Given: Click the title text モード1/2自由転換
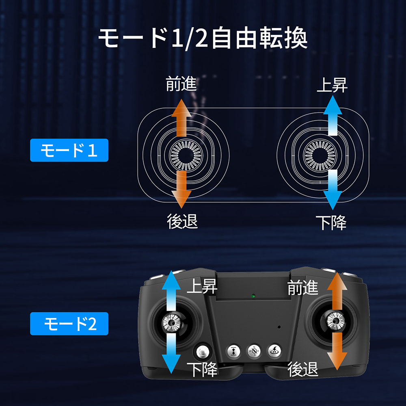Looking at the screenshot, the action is tap(203, 38).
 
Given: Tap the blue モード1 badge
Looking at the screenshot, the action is tap(69, 150).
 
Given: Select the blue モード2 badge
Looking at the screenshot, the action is tap(69, 324).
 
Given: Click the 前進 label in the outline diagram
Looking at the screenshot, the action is tap(181, 84).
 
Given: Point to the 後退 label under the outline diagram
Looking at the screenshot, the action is tap(182, 221).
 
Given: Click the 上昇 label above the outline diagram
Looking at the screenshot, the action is tap(332, 85).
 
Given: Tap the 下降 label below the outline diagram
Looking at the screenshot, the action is tap(331, 222).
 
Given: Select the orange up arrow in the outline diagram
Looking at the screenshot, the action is tap(181, 118).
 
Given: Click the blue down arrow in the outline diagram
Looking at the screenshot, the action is tap(333, 190).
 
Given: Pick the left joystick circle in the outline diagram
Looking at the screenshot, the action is tap(186, 155).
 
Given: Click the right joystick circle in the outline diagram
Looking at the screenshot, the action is tap(320, 155).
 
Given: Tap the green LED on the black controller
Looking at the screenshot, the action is tap(253, 296).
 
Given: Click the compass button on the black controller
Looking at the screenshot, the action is tap(254, 351).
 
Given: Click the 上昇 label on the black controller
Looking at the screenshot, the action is tap(202, 286).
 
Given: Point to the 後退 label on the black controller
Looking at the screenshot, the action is tap(303, 369).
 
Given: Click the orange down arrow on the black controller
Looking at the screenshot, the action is tap(337, 351).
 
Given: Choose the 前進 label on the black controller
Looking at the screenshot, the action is tap(303, 287).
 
